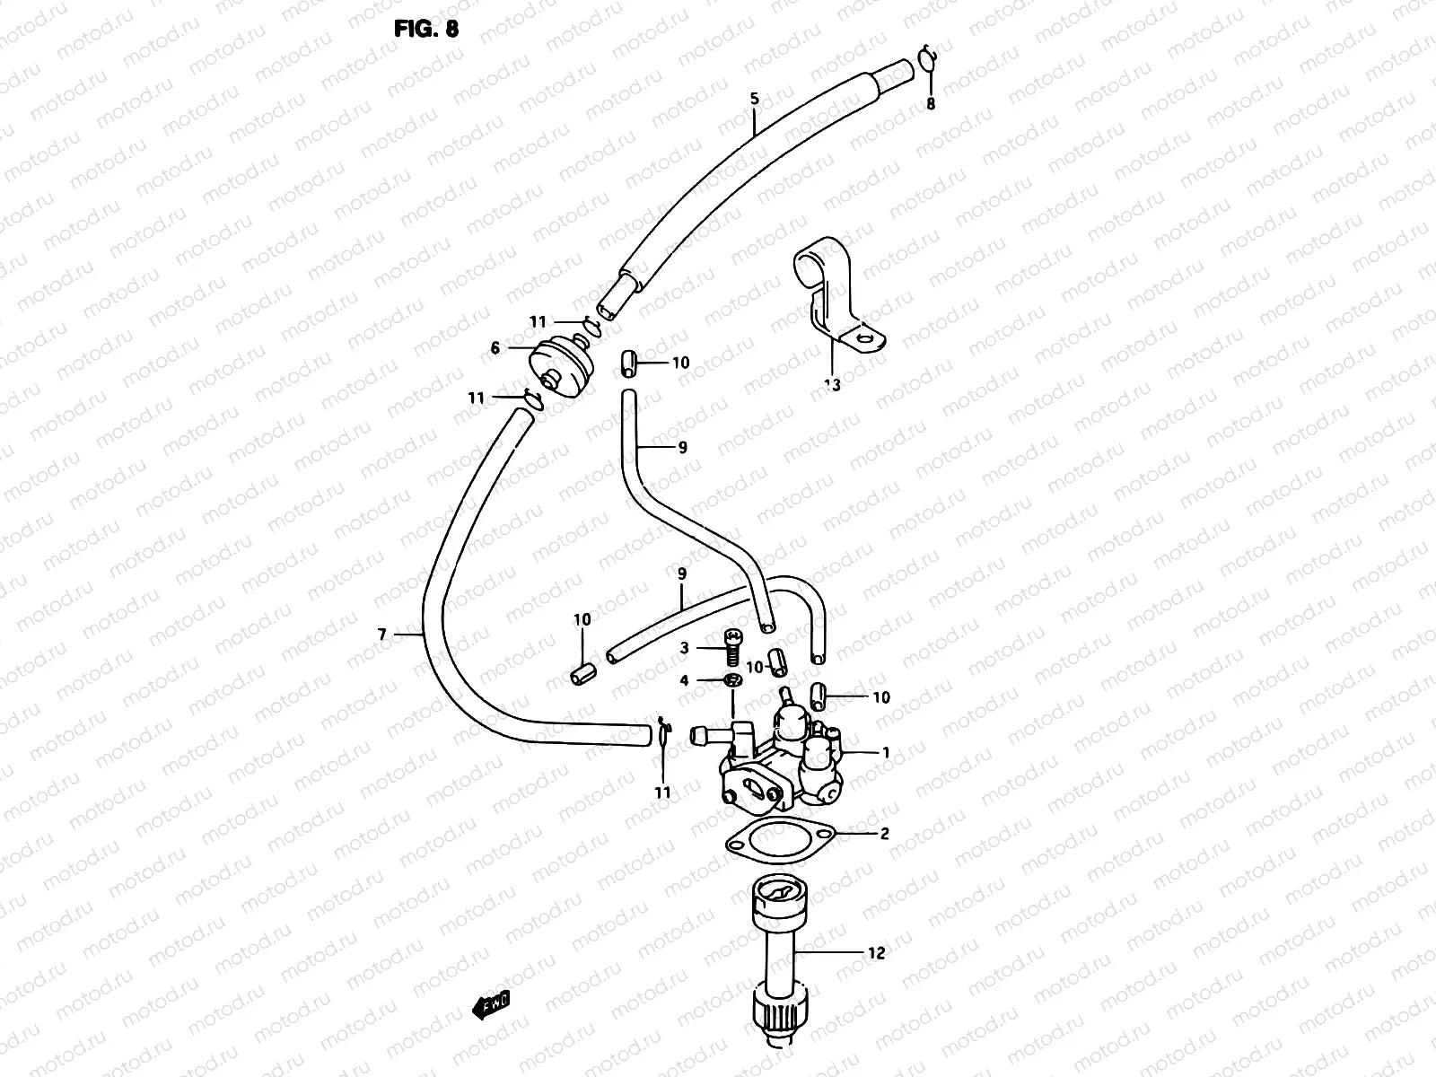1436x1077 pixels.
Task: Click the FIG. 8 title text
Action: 426,29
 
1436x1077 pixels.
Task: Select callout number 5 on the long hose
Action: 755,100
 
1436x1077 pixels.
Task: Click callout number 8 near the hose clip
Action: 931,104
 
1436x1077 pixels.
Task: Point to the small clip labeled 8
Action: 927,60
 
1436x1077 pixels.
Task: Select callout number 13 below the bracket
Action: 832,385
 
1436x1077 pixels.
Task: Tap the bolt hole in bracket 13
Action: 865,339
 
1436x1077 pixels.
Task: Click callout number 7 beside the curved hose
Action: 382,635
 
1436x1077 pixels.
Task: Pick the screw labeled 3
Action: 732,646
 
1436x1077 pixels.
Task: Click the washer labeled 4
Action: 733,681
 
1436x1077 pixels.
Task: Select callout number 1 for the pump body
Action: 886,752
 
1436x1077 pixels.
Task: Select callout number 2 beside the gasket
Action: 884,834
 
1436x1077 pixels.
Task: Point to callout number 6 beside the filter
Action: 495,348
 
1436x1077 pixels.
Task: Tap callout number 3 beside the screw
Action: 684,647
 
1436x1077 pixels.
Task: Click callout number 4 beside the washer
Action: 684,681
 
